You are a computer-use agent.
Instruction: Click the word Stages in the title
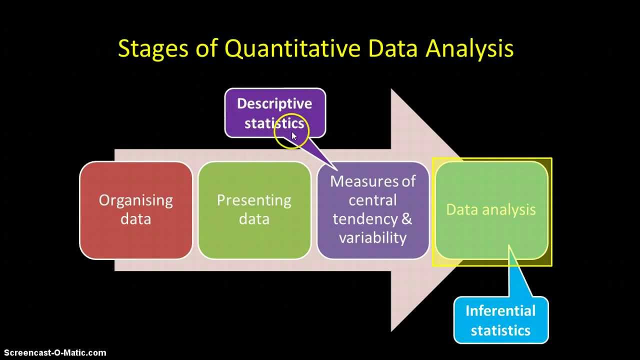pos(153,49)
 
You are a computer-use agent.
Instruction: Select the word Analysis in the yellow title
pos(469,49)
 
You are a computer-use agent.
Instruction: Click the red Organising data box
pos(135,210)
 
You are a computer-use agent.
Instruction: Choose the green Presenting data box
pos(254,210)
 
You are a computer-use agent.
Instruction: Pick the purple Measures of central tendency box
pos(373,210)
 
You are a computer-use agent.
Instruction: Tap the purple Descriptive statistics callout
pos(275,113)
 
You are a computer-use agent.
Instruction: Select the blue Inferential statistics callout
pos(501,320)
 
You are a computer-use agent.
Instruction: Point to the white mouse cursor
pos(294,136)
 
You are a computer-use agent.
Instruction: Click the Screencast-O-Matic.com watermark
pos(55,353)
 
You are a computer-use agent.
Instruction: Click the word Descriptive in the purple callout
pos(274,104)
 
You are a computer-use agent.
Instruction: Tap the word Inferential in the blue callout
pos(500,310)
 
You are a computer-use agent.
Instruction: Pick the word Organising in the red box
pos(135,201)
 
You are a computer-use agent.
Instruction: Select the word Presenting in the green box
pos(254,201)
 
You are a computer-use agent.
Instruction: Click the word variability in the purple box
pos(372,237)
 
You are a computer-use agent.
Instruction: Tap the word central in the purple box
pos(372,200)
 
